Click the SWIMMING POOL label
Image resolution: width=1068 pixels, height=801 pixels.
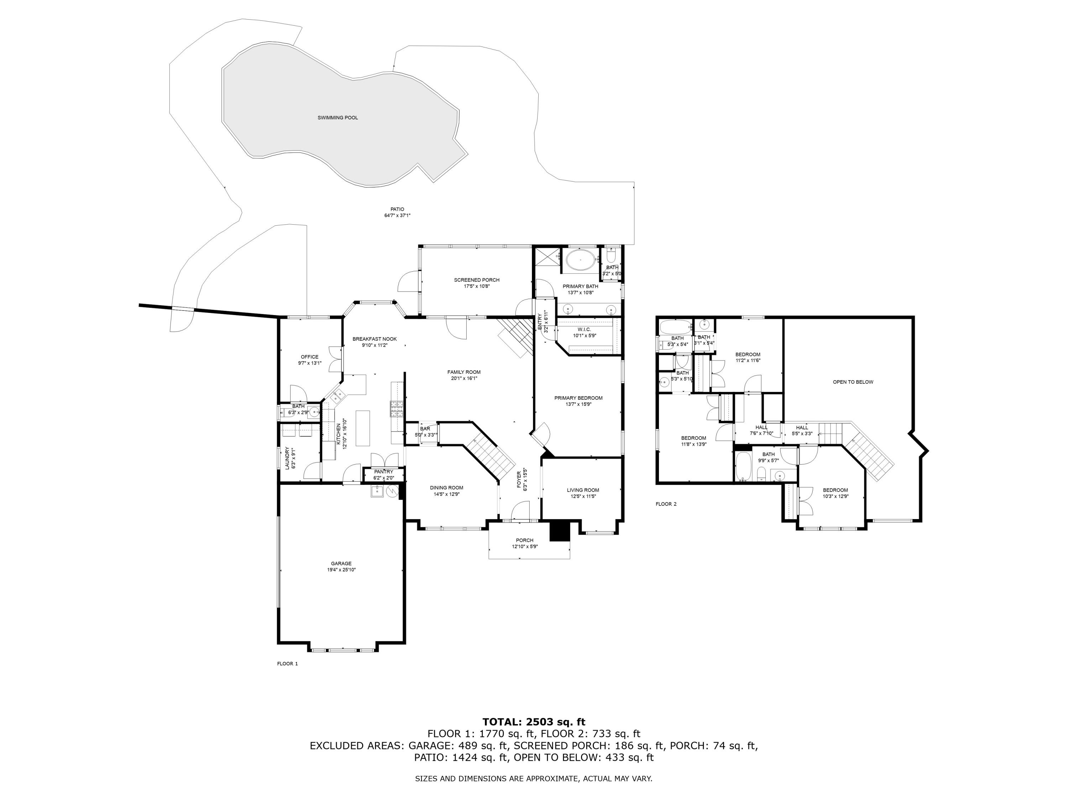(x=337, y=118)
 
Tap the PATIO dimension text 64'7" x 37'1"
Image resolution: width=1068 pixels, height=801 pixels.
(x=397, y=216)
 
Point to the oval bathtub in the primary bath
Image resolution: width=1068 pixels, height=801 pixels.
(x=580, y=260)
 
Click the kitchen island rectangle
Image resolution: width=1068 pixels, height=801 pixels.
(x=363, y=428)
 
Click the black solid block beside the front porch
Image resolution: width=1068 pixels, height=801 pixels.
(x=560, y=531)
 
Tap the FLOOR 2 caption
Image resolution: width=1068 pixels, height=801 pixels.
(x=666, y=504)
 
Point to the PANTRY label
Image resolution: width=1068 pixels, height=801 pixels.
(x=383, y=472)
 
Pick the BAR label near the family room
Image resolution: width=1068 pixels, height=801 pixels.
(x=425, y=429)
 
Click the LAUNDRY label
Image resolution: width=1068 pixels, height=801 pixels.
(x=287, y=458)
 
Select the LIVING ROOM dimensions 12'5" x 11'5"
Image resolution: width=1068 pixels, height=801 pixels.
(x=583, y=496)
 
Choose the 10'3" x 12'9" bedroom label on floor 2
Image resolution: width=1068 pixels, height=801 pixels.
(x=835, y=496)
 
